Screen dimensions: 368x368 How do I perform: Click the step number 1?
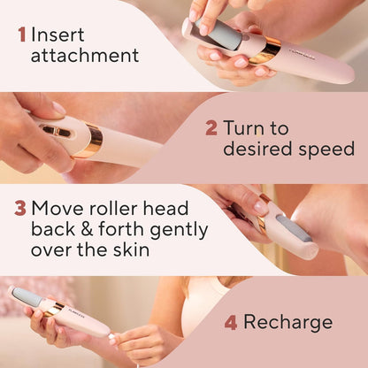(x=20, y=34)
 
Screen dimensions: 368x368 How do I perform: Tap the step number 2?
(x=211, y=127)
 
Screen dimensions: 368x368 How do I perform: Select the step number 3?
(x=19, y=209)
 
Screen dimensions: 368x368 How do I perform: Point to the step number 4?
(x=231, y=322)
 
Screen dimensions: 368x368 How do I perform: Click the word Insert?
(x=58, y=34)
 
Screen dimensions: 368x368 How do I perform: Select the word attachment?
(x=85, y=56)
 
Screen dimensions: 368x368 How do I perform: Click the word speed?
(x=326, y=149)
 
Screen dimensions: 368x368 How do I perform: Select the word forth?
(x=119, y=229)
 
